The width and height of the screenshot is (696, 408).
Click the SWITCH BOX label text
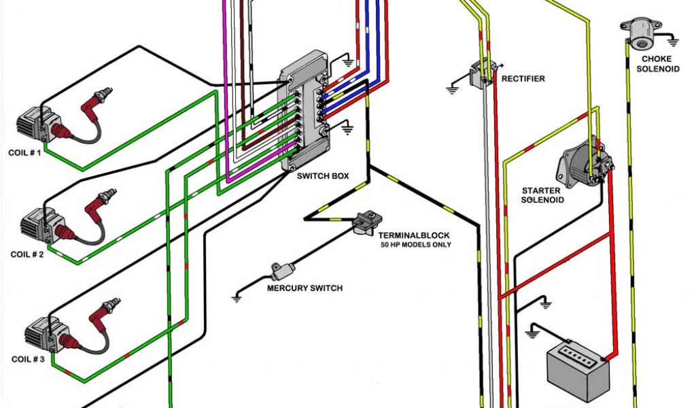tap(323, 175)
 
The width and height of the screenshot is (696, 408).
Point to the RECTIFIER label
tap(523, 79)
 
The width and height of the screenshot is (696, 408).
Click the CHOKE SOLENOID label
tap(657, 64)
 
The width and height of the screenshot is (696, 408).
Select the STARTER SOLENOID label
tap(542, 195)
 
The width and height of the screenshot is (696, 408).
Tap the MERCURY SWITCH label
tap(305, 288)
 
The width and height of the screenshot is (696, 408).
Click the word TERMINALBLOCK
tap(415, 235)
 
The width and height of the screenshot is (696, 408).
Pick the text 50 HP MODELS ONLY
tap(415, 245)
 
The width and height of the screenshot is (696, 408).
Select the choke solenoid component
tap(639, 33)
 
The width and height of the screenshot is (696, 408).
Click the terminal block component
tap(368, 220)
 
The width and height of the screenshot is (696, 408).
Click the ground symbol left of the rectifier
tap(452, 88)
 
